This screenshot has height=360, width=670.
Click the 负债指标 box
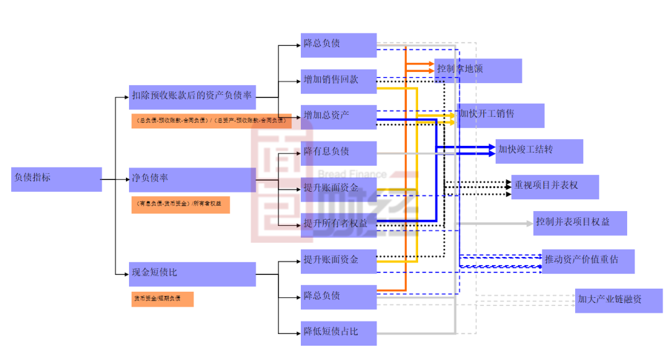[56, 179]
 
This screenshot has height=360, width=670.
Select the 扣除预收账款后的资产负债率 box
[192, 97]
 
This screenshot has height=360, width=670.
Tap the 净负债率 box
[192, 179]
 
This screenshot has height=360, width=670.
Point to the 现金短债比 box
[192, 274]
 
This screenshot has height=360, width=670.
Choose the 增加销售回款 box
[339, 81]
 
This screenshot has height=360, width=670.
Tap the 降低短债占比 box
[339, 333]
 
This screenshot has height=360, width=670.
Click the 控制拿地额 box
[478, 70]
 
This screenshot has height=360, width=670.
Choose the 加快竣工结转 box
[539, 151]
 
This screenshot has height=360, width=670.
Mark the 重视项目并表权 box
[555, 186]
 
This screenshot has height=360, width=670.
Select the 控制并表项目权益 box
[580, 223]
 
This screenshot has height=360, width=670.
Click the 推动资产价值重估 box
[589, 261]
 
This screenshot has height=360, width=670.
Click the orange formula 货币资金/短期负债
[163, 299]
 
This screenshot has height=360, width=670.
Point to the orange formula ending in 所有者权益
[181, 204]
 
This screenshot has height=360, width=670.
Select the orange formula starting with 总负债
[220, 120]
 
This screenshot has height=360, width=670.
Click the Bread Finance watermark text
[352, 174]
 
